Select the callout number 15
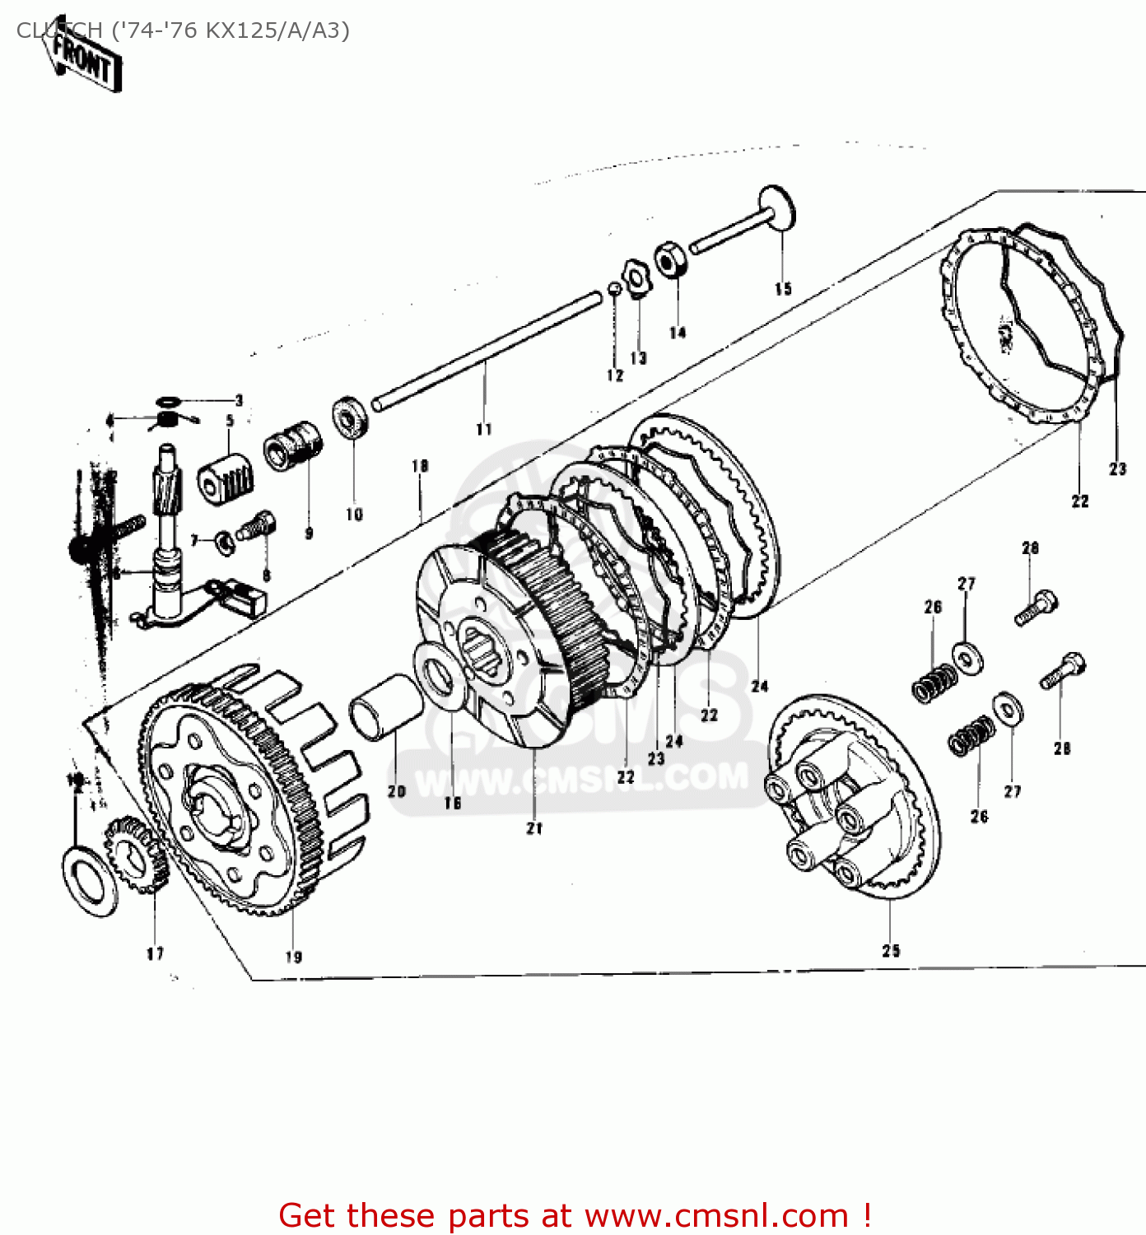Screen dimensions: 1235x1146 click(782, 288)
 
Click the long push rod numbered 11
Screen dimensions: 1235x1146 click(486, 350)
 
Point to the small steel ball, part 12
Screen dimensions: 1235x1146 click(614, 288)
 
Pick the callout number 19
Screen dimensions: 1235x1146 click(294, 956)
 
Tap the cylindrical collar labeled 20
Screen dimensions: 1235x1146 click(385, 706)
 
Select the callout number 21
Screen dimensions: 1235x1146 click(535, 828)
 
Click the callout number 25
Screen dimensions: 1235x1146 click(891, 950)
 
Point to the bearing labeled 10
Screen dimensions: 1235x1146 click(351, 417)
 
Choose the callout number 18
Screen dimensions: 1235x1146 click(420, 466)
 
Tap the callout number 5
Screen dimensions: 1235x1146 click(230, 420)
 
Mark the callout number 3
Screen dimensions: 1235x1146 click(239, 401)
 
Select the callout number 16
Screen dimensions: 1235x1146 click(452, 803)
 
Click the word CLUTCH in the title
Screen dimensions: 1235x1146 click(59, 30)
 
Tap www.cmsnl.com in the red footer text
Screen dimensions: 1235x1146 click(716, 1215)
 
